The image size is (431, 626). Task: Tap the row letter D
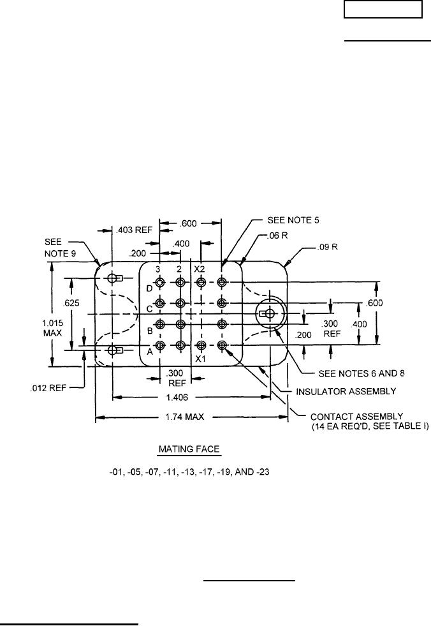click(x=150, y=288)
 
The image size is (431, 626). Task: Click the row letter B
click(x=150, y=331)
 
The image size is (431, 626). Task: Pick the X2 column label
click(x=200, y=269)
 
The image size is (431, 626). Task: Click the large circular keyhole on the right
click(x=270, y=313)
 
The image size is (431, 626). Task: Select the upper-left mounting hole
click(x=113, y=278)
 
